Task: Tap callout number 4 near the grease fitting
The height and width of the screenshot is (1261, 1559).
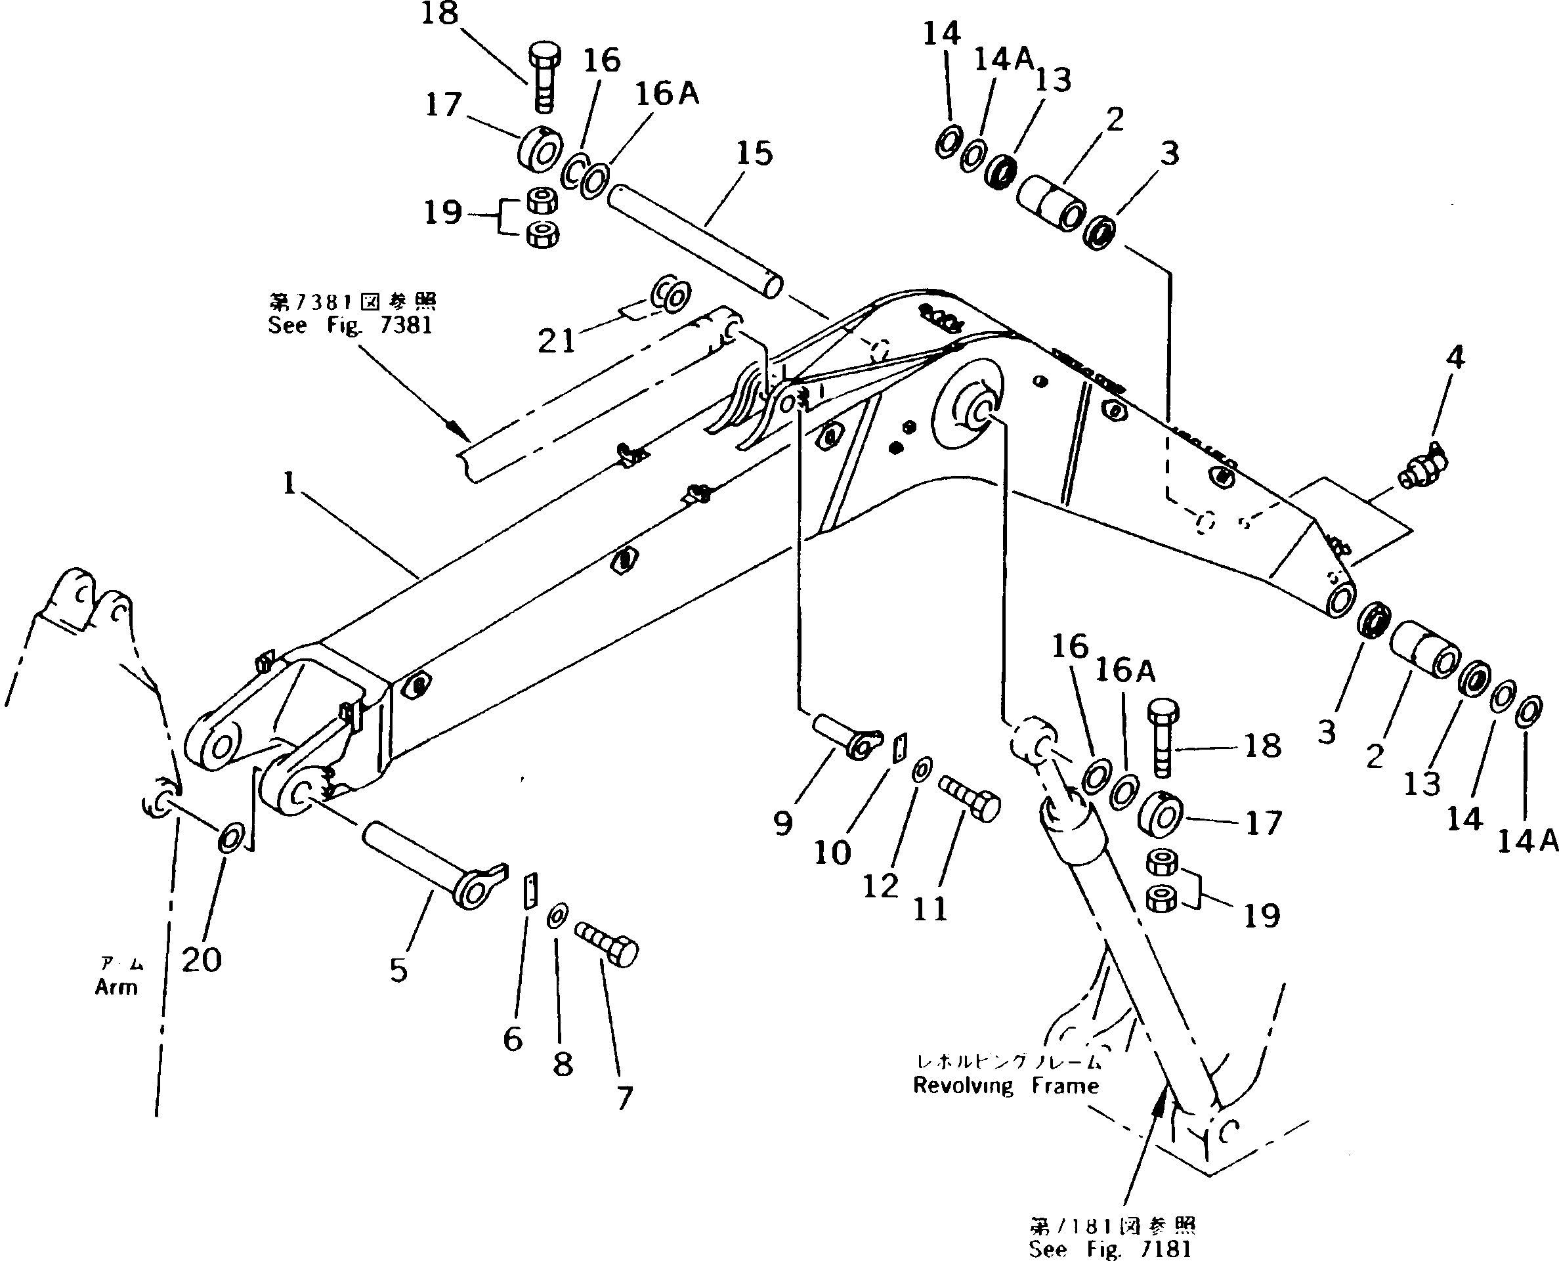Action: [x=1455, y=357]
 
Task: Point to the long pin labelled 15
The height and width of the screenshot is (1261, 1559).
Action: [x=694, y=240]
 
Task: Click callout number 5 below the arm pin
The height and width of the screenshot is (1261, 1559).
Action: [x=398, y=970]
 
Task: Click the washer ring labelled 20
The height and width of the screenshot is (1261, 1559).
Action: [x=231, y=841]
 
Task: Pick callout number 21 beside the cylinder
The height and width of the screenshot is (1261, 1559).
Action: [x=557, y=341]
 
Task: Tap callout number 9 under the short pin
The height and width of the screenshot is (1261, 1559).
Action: [x=782, y=824]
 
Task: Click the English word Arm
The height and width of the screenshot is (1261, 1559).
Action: [x=116, y=987]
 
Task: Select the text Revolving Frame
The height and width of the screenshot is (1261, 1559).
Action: [x=1006, y=1086]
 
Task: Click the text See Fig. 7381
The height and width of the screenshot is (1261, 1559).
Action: [x=349, y=326]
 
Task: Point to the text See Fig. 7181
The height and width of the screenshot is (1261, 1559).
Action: [x=1109, y=1249]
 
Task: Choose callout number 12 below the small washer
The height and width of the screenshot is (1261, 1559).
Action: [x=880, y=886]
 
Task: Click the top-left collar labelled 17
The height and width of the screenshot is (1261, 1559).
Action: [x=540, y=151]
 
